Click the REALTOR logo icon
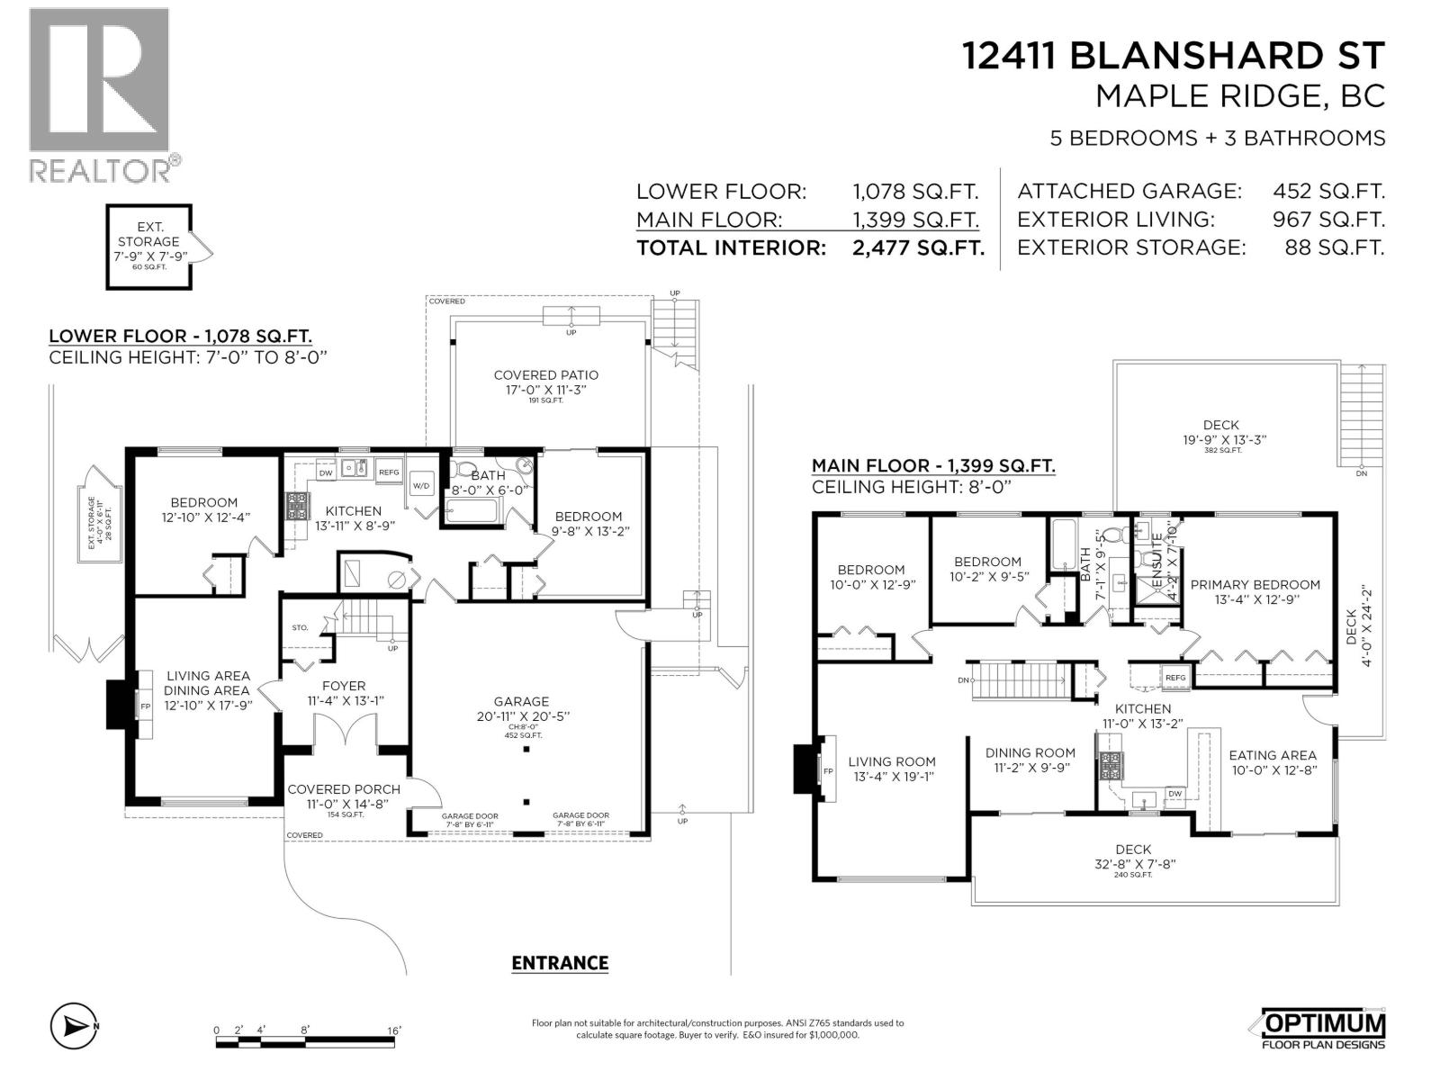[99, 81]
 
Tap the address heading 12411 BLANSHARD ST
[1174, 56]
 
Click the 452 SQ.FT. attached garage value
[1328, 191]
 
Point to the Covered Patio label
[545, 375]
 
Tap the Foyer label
[343, 686]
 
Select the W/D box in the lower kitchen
[421, 486]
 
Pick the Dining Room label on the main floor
[1030, 752]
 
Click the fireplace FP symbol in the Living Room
[828, 771]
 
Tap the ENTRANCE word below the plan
[560, 963]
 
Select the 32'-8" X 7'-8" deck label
[1132, 863]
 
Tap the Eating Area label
[1272, 755]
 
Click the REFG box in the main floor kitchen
[1174, 678]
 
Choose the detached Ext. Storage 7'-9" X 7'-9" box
[148, 247]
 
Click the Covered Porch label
[343, 789]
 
